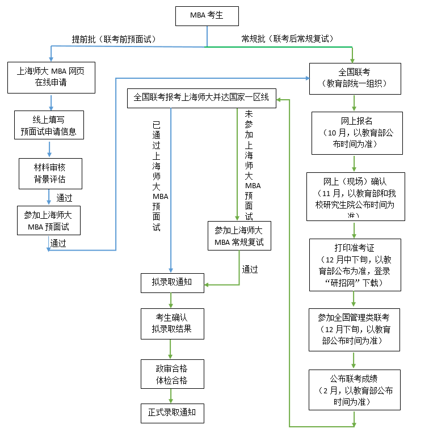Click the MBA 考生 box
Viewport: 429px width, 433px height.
point(207,16)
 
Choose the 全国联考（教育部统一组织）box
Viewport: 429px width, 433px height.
point(355,78)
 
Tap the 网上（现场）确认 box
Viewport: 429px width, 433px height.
point(355,196)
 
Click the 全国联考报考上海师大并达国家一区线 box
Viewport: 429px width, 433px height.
point(201,98)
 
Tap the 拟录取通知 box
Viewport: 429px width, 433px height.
point(173,283)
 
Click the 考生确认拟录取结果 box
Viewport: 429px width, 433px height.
point(172,324)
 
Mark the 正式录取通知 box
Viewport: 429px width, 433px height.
point(172,413)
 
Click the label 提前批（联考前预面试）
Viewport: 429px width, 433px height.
point(113,39)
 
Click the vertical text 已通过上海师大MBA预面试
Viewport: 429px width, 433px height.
point(157,176)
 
